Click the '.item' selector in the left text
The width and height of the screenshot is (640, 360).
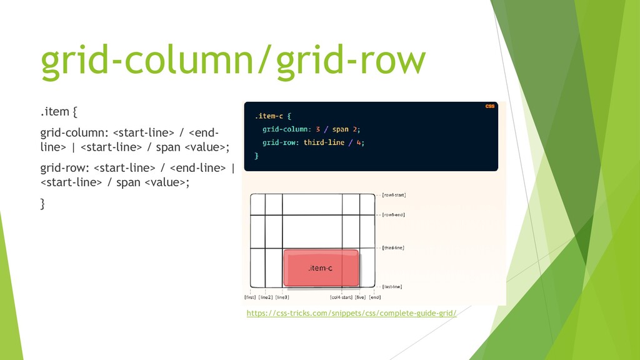click(54, 112)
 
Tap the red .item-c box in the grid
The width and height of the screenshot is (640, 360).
click(321, 268)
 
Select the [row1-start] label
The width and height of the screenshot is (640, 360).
click(394, 195)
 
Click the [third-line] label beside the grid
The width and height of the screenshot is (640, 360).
click(392, 247)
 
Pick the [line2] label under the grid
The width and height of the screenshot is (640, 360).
click(266, 297)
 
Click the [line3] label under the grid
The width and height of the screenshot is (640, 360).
click(282, 297)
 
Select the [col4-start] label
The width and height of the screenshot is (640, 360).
click(341, 297)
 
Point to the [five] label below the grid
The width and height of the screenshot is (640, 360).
click(360, 297)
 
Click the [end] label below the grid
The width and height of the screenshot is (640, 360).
click(374, 297)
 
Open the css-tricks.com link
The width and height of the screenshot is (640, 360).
click(351, 312)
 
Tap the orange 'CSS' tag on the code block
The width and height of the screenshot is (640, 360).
click(490, 106)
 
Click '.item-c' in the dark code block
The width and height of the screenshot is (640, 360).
click(268, 116)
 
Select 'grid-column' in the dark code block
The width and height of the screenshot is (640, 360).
click(285, 129)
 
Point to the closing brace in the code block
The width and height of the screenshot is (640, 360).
click(256, 156)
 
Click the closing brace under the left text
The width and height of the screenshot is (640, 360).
click(42, 204)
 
